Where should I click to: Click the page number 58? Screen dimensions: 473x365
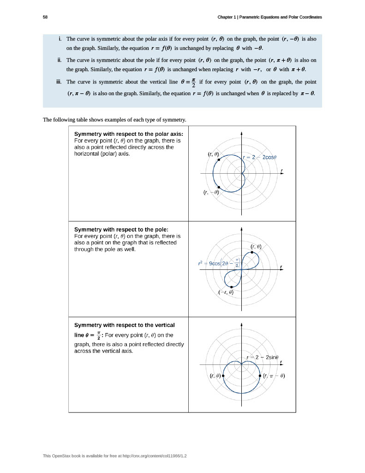point(45,17)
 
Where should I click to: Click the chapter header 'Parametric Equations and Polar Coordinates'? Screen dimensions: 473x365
point(277,17)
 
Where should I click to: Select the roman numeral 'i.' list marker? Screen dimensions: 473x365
point(60,39)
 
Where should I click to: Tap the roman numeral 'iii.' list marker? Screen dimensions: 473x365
point(59,82)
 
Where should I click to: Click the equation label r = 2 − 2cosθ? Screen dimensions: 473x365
point(259,157)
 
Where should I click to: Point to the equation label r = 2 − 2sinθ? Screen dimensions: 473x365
point(262,357)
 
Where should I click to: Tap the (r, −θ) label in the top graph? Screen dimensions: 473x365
point(210,193)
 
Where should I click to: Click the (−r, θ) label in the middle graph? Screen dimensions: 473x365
point(226,292)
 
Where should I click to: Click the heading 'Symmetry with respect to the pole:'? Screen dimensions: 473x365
point(121,229)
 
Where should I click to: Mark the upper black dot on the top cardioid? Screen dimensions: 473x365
point(219,160)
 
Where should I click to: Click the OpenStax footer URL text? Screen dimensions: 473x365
point(115,456)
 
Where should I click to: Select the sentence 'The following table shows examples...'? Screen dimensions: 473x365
point(114,120)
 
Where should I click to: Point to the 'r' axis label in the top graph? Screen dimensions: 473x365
point(281,170)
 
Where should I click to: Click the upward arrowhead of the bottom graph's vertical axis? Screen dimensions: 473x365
point(241,324)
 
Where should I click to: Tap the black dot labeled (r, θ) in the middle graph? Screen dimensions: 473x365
point(252,252)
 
